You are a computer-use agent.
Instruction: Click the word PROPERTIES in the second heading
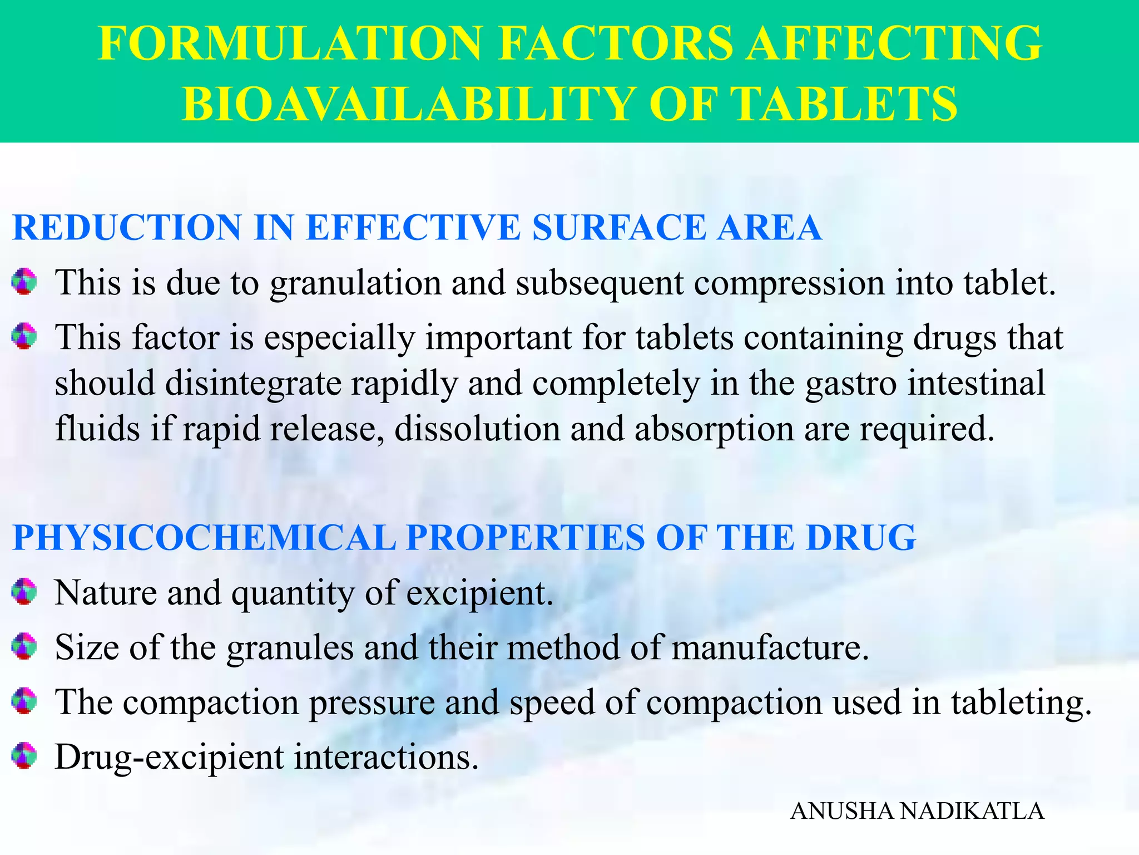(x=525, y=538)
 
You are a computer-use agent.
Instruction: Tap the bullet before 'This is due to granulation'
(x=24, y=282)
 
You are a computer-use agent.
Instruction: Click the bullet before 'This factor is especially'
(x=24, y=337)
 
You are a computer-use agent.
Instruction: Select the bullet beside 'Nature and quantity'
(x=24, y=592)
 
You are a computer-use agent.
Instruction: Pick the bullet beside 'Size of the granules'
(x=24, y=647)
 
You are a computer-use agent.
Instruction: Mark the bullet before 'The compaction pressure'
(x=24, y=701)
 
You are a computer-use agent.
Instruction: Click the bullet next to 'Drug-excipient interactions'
(x=24, y=756)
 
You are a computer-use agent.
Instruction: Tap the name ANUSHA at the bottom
(x=843, y=812)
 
